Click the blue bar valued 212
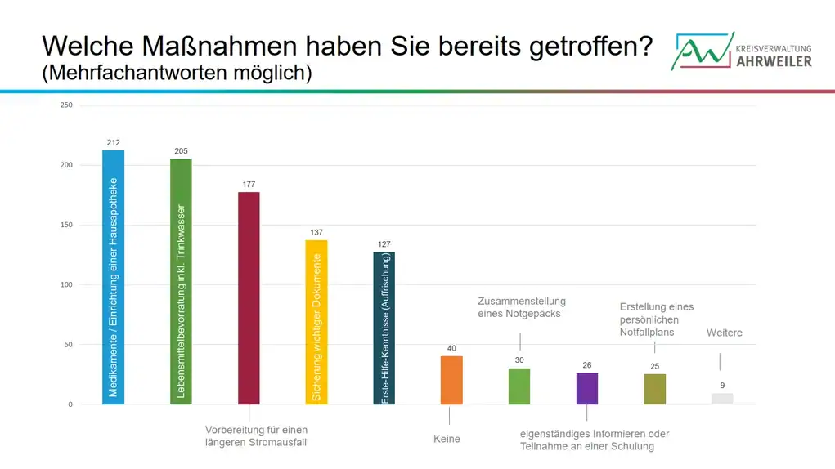[x=114, y=277]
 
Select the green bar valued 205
[x=181, y=281]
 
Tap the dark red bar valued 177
[x=249, y=297]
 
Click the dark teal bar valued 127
[x=384, y=327]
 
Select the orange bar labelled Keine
[x=451, y=380]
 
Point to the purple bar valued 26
[x=587, y=388]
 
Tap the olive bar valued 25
[x=655, y=389]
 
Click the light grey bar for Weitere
[x=722, y=399]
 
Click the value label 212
[x=114, y=143]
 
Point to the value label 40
[x=451, y=349]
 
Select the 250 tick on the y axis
[x=66, y=105]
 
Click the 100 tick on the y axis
[x=66, y=285]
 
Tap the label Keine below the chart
[x=447, y=439]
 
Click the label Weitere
[x=724, y=333]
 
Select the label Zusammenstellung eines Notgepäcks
[x=521, y=307]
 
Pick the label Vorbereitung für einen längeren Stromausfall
[x=256, y=435]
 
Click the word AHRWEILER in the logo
[x=774, y=61]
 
